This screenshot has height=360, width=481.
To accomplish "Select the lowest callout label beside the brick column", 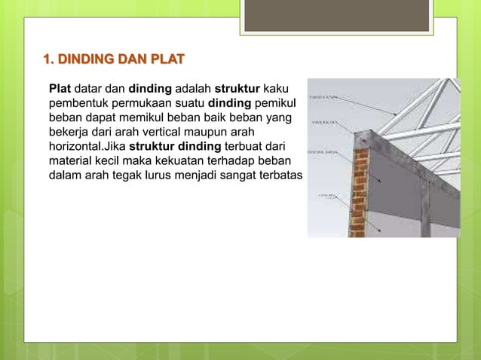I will (x=326, y=194).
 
